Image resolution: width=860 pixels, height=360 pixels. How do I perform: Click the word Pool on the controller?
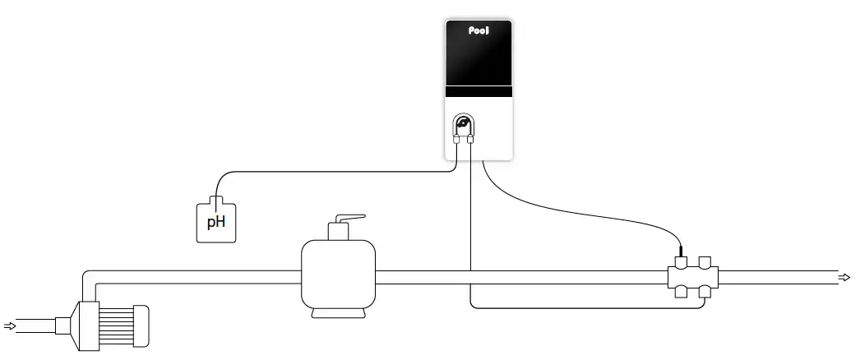click(479, 32)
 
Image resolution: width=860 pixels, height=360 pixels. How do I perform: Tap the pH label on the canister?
click(215, 221)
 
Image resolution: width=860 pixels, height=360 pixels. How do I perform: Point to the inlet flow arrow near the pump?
click(10, 326)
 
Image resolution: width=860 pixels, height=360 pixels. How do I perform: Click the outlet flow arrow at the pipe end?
click(844, 277)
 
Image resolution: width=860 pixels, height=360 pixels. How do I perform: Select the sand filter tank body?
click(338, 276)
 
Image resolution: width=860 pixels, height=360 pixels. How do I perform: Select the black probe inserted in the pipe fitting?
click(681, 252)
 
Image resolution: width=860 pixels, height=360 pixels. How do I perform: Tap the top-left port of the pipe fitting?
click(680, 263)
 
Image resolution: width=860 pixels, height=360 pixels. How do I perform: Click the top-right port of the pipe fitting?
click(705, 263)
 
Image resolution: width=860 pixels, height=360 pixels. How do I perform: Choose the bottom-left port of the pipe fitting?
click(680, 291)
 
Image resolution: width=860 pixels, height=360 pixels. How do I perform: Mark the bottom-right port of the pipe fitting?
click(705, 291)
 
